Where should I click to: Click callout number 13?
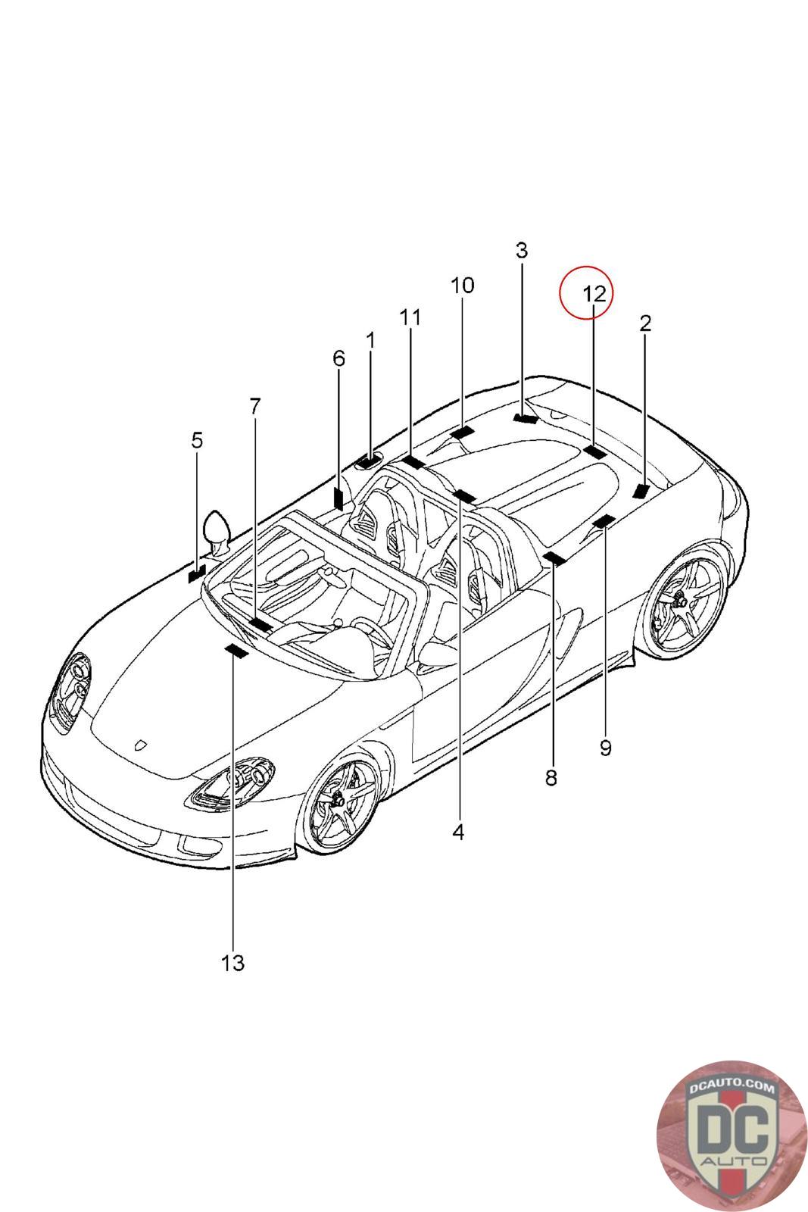click(233, 963)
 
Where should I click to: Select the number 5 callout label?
click(197, 440)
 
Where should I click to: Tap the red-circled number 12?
click(594, 293)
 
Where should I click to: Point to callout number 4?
click(457, 832)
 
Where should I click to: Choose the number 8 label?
click(551, 777)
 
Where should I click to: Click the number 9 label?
click(605, 748)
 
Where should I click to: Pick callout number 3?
click(522, 250)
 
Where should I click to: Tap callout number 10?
click(462, 286)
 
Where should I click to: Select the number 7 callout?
click(254, 406)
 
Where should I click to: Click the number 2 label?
click(645, 323)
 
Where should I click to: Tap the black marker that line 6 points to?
click(338, 498)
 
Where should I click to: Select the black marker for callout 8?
click(555, 559)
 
